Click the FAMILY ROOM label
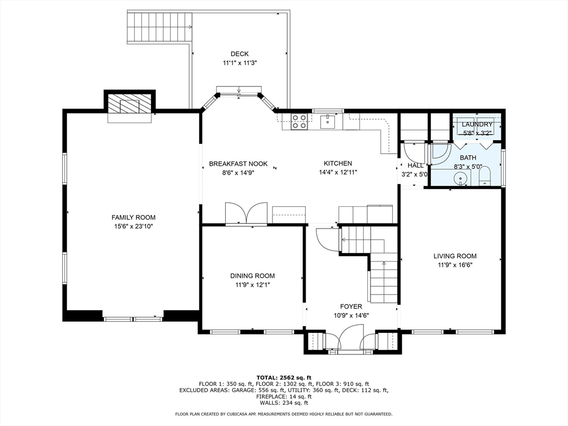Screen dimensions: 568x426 [x=133, y=217]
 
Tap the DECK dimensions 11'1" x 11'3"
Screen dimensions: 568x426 [x=240, y=63]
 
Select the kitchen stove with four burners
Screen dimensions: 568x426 [x=300, y=121]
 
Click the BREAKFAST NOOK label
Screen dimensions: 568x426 [x=239, y=164]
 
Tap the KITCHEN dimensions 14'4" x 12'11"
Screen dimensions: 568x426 [x=338, y=173]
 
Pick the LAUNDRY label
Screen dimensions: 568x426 [x=477, y=124]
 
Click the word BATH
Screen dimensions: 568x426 [x=468, y=158]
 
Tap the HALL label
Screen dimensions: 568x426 [x=415, y=165]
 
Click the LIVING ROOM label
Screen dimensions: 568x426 [x=455, y=256]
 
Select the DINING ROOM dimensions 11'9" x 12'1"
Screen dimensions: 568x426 [x=252, y=285]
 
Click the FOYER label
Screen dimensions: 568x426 [x=351, y=306]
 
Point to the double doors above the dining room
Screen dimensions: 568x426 [x=246, y=213]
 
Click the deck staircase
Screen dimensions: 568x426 [x=159, y=27]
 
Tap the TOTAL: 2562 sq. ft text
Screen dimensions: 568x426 [x=284, y=377]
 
